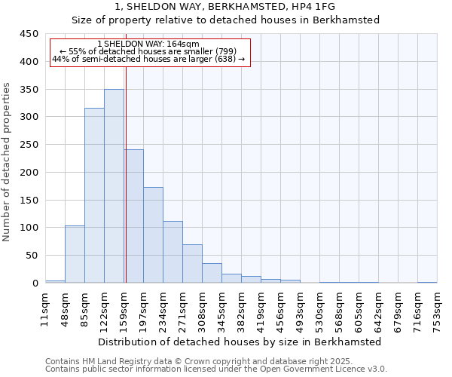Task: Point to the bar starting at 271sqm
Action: click(x=192, y=264)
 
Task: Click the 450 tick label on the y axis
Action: click(x=29, y=34)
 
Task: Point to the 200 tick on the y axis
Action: click(x=29, y=173)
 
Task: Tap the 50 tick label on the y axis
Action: click(x=32, y=256)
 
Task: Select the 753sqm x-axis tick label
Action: click(x=437, y=310)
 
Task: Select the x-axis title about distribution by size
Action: click(x=240, y=342)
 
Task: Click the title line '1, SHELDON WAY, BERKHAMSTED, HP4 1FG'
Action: click(x=225, y=7)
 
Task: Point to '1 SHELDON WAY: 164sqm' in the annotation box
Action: click(x=148, y=44)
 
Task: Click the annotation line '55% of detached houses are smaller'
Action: click(x=148, y=51)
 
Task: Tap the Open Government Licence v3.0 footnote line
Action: click(x=216, y=369)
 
